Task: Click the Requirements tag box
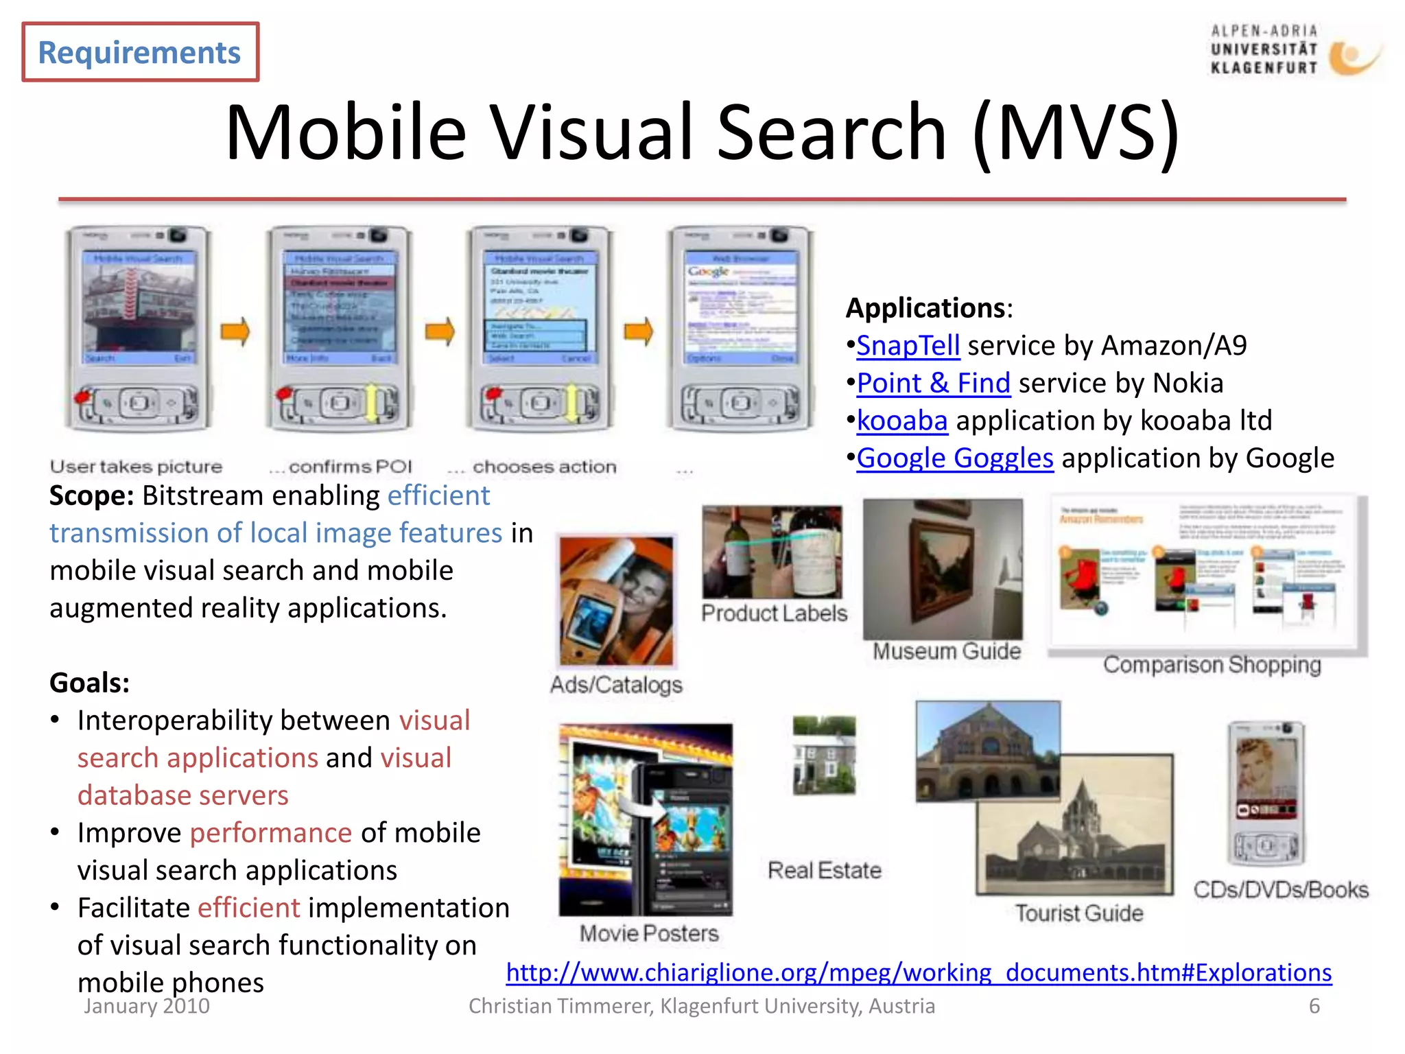[140, 52]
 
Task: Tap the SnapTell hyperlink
[908, 346]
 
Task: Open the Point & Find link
[933, 383]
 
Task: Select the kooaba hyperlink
[901, 421]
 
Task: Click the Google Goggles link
[954, 458]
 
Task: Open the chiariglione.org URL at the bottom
[919, 972]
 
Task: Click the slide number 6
[1314, 1006]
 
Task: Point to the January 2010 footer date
[147, 1006]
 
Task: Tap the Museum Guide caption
[947, 651]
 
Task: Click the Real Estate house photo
[824, 755]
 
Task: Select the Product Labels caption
[774, 613]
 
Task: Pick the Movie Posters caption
[649, 933]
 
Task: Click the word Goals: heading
[90, 683]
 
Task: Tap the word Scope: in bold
[91, 495]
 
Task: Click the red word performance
[271, 833]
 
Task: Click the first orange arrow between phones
[235, 332]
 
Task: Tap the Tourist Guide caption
[1079, 913]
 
